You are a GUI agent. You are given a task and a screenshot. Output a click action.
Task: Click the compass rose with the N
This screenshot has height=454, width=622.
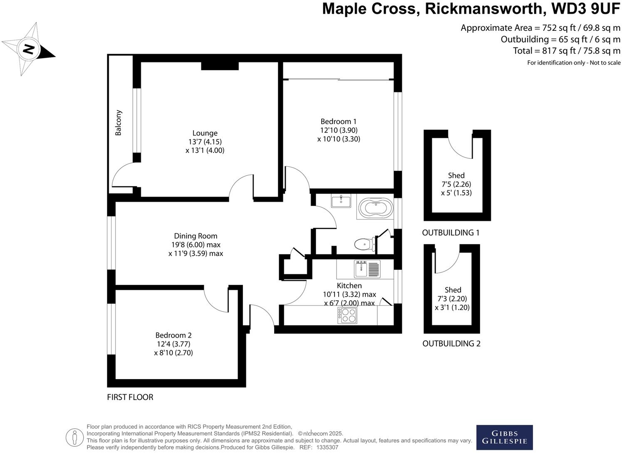(28, 49)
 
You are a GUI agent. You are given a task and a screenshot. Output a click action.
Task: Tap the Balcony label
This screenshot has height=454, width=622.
(119, 123)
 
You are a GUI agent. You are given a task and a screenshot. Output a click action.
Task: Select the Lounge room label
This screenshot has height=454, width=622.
(205, 133)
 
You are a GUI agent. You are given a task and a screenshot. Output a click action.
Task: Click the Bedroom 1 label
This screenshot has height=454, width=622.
(338, 121)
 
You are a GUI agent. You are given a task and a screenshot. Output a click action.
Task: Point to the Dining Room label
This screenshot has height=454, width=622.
(196, 236)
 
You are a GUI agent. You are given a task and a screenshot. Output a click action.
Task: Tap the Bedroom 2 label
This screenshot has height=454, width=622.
(173, 335)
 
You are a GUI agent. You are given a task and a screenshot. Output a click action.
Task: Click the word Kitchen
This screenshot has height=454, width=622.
(349, 285)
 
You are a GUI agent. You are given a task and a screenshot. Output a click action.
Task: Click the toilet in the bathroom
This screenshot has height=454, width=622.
(362, 244)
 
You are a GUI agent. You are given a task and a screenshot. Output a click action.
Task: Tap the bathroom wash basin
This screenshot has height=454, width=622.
(341, 201)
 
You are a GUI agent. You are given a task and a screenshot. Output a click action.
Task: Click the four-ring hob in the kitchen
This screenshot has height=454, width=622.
(347, 316)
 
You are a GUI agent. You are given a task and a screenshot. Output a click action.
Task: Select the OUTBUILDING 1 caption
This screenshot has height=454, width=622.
(451, 233)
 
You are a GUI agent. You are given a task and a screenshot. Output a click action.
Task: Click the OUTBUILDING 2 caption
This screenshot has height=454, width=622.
(451, 343)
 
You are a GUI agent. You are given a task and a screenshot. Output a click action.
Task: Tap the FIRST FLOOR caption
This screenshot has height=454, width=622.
(130, 397)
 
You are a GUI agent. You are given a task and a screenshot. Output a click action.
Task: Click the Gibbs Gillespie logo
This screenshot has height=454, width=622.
(504, 437)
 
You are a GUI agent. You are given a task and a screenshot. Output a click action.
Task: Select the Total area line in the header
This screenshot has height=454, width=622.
(567, 51)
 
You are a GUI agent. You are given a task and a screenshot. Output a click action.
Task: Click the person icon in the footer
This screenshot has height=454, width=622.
(75, 437)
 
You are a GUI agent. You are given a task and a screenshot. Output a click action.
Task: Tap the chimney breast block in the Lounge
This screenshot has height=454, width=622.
(220, 66)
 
